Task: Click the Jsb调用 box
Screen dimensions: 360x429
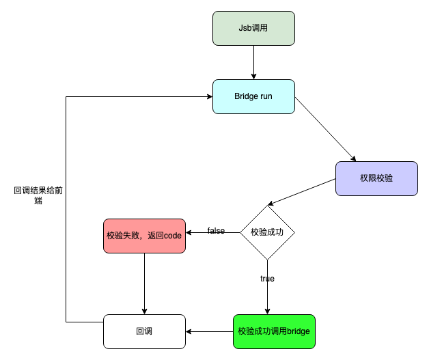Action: tap(253, 28)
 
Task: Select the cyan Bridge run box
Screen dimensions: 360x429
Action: tap(253, 96)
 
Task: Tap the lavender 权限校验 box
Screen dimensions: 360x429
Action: tap(376, 178)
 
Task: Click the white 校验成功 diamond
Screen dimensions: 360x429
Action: tap(267, 232)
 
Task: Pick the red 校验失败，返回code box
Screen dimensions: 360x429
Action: tap(144, 236)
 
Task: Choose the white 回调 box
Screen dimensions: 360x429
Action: tap(144, 331)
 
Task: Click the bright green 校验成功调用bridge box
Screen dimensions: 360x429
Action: tap(274, 331)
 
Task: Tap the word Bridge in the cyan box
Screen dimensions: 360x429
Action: tap(247, 96)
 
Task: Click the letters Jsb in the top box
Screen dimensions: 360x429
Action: tap(245, 28)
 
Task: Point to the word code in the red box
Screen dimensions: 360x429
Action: tap(174, 236)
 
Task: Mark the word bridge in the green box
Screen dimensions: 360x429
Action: tap(299, 331)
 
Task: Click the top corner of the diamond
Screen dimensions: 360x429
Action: tap(267, 207)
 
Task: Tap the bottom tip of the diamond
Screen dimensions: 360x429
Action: tap(267, 258)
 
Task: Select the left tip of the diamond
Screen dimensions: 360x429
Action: tap(242, 232)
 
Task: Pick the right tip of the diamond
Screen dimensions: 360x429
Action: tap(292, 232)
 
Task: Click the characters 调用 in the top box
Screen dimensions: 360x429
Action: tap(260, 28)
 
